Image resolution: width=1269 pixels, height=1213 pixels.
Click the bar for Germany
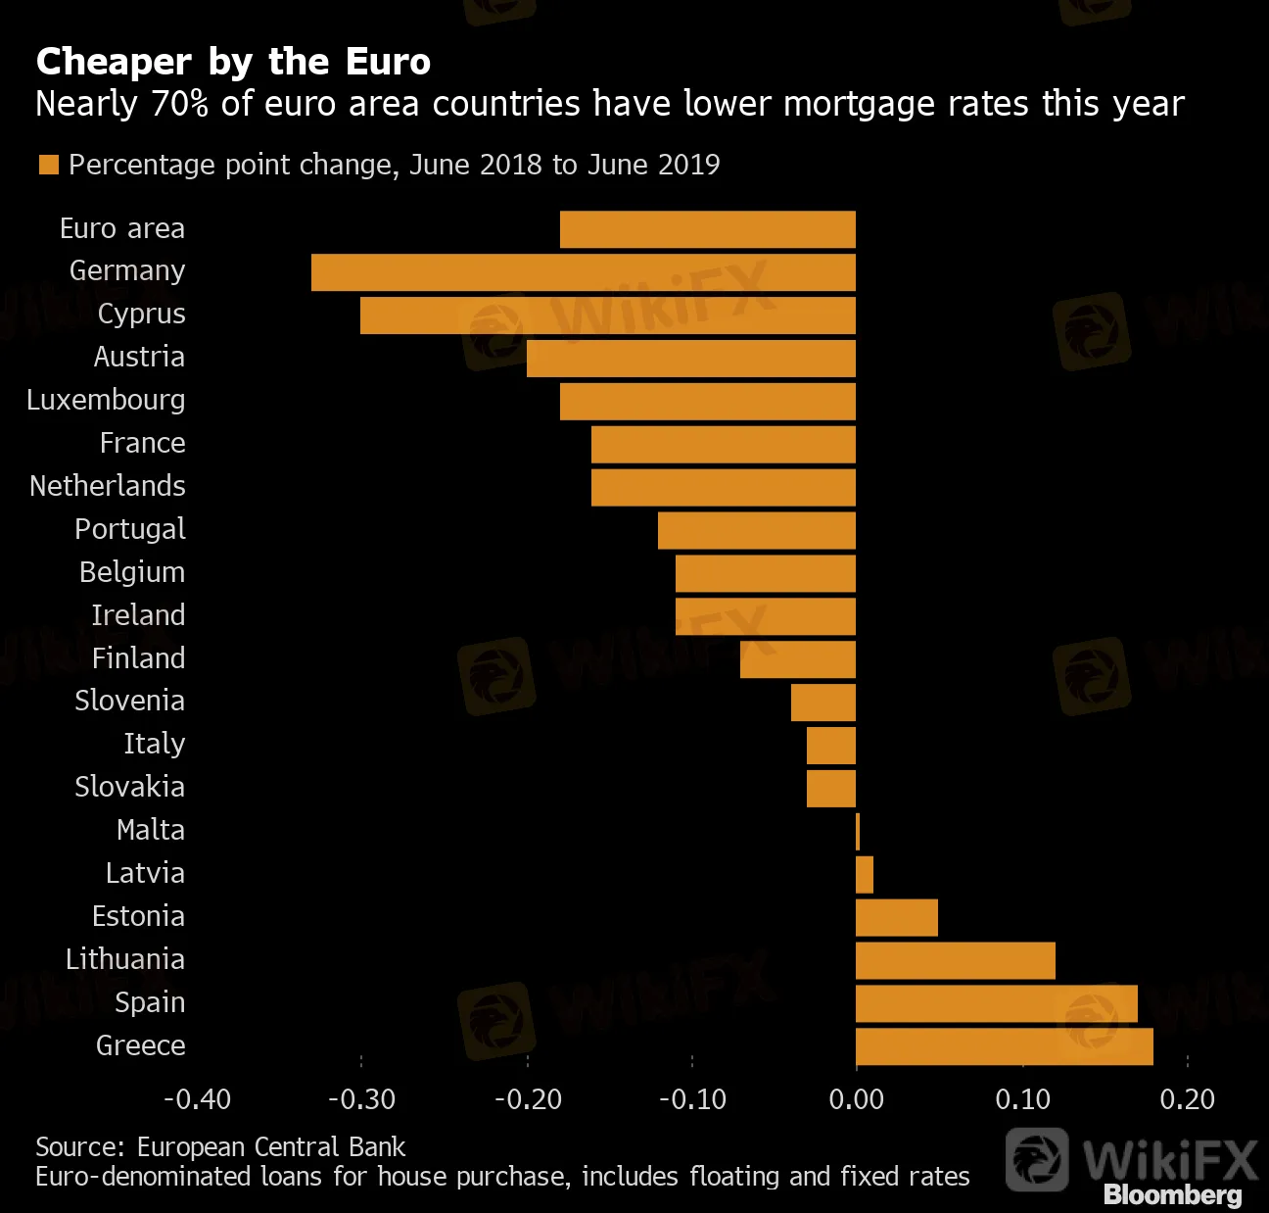pos(584,272)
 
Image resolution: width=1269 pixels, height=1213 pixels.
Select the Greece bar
pos(1004,1046)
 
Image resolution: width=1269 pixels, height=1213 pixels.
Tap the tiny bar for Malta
pos(858,831)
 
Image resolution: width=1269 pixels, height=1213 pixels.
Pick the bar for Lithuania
pos(955,960)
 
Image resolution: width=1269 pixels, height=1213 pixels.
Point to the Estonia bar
pos(896,917)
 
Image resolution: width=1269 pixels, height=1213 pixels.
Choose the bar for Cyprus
pos(607,315)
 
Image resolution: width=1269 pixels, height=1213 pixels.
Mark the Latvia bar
pos(865,874)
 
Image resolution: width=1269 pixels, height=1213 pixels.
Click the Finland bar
pos(798,659)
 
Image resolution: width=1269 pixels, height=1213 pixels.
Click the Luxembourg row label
pos(106,400)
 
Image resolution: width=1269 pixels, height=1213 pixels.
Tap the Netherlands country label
pos(108,486)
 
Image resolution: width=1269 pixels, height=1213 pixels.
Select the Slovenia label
pos(130,701)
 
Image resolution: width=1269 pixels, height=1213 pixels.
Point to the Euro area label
pos(122,228)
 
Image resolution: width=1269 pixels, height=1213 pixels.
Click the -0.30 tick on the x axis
pos(361,1099)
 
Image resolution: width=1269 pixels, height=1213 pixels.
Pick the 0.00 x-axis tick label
pos(856,1099)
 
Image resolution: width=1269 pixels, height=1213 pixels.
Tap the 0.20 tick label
pos(1187,1099)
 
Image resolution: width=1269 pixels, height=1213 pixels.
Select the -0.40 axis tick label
pos(197,1099)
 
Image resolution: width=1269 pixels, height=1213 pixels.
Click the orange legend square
pos(48,165)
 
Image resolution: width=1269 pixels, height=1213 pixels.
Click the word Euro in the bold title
pos(388,62)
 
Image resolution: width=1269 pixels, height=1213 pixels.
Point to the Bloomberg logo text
pos(1172,1194)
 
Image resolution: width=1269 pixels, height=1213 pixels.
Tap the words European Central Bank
pos(271,1147)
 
